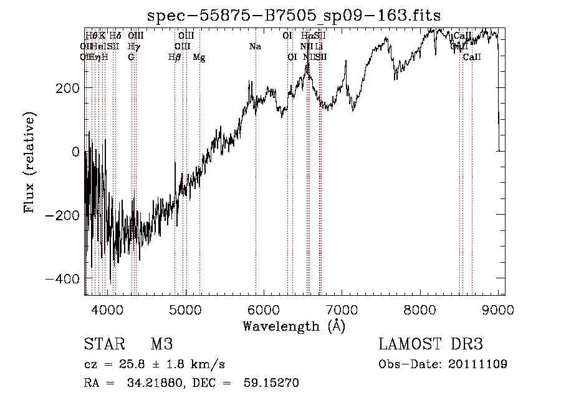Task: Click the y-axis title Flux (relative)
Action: click(x=30, y=162)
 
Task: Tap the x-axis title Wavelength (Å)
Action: click(x=294, y=326)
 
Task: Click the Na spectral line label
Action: click(x=254, y=46)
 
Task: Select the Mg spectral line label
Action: click(x=199, y=57)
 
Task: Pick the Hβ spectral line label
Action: click(x=175, y=57)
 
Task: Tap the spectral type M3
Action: click(x=161, y=344)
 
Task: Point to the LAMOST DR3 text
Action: click(x=431, y=344)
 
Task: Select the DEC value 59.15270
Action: click(x=273, y=383)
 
